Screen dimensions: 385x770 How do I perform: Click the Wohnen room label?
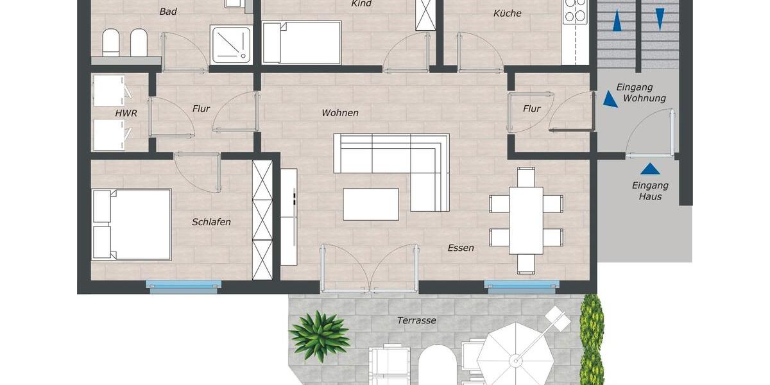tap(340, 113)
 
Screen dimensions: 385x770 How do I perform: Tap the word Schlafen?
tap(211, 222)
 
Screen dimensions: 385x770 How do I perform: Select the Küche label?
tap(507, 13)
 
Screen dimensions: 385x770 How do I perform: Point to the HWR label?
tap(126, 113)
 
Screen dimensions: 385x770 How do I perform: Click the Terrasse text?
tap(416, 320)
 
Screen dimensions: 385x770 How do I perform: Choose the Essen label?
tap(461, 248)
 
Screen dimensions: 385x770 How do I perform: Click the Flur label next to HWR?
tap(201, 109)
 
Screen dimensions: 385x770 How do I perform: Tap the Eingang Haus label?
tap(650, 191)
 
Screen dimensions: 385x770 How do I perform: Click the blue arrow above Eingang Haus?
tap(650, 169)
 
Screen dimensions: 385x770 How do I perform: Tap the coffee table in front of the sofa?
tap(371, 204)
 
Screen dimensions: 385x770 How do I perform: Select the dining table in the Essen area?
tap(526, 220)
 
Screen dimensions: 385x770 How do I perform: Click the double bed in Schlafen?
tap(132, 224)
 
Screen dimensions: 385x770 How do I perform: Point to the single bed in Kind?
tap(302, 42)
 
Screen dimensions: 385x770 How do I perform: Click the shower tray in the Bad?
tap(232, 44)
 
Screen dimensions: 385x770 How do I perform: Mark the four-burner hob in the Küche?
tap(576, 12)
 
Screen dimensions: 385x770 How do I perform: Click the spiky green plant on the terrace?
tap(319, 334)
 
